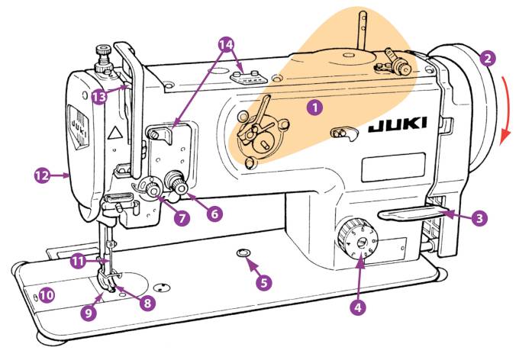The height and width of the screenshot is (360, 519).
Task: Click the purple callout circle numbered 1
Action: click(313, 108)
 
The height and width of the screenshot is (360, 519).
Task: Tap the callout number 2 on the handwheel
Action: click(488, 57)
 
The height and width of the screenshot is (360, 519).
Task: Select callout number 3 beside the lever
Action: click(479, 219)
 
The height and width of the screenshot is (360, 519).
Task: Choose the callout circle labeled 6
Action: click(214, 215)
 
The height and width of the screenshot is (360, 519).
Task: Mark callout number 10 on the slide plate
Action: click(47, 294)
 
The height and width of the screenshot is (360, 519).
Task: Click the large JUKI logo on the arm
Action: click(398, 127)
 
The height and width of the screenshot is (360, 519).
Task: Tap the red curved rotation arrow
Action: click(505, 107)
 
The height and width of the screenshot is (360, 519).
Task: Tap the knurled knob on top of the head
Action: click(100, 53)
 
